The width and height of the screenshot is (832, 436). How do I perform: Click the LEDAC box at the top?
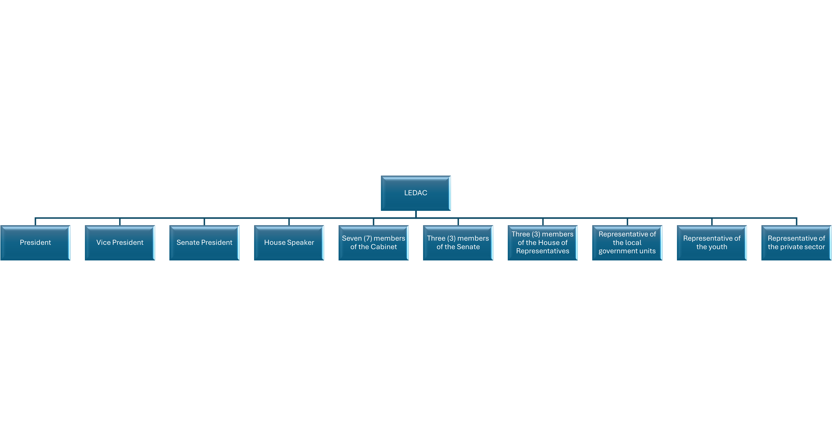click(416, 193)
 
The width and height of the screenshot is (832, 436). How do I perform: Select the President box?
click(35, 243)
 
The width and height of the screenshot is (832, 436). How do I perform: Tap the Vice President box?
click(120, 243)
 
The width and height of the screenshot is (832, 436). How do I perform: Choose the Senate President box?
click(204, 243)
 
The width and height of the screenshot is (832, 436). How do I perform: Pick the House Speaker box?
click(289, 243)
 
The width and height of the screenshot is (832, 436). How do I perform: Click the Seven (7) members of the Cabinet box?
click(374, 243)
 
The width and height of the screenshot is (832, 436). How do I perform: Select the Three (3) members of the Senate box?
click(458, 243)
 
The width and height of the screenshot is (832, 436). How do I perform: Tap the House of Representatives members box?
click(543, 243)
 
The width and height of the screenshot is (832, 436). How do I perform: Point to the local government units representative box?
click(627, 243)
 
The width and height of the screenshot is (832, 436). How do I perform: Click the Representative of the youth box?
click(712, 243)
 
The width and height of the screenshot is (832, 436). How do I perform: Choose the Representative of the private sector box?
click(797, 243)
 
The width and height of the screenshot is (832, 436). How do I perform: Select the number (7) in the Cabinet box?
click(368, 238)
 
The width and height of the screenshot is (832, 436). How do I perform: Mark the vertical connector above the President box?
click(35, 222)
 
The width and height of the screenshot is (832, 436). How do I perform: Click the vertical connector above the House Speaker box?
click(289, 222)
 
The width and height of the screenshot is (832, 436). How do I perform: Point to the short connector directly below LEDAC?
click(416, 214)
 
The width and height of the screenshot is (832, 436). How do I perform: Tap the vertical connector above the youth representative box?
click(712, 222)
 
